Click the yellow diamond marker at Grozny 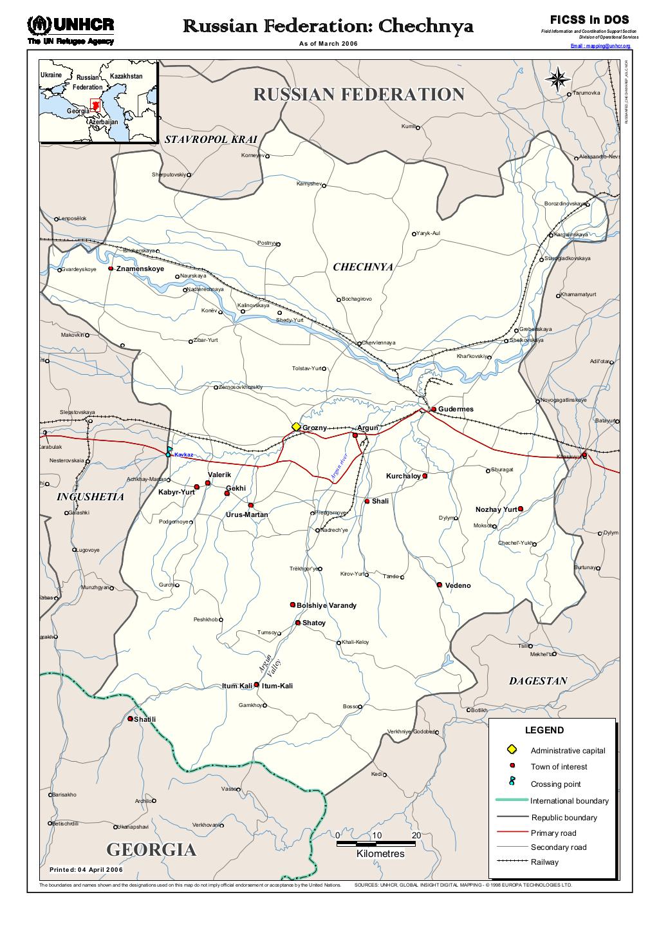(296, 427)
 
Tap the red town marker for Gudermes (434, 410)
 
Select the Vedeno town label (458, 586)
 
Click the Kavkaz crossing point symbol (169, 453)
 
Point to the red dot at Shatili (131, 719)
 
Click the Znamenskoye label (140, 269)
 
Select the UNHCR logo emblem (39, 25)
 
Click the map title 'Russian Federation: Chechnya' (328, 26)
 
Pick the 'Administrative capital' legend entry (568, 751)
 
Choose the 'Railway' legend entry (544, 862)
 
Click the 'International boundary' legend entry (569, 801)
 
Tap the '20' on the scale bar (416, 836)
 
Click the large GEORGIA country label (151, 850)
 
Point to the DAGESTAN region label (538, 681)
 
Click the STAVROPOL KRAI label (211, 139)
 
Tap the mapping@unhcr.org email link (600, 46)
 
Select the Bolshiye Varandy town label (326, 606)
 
